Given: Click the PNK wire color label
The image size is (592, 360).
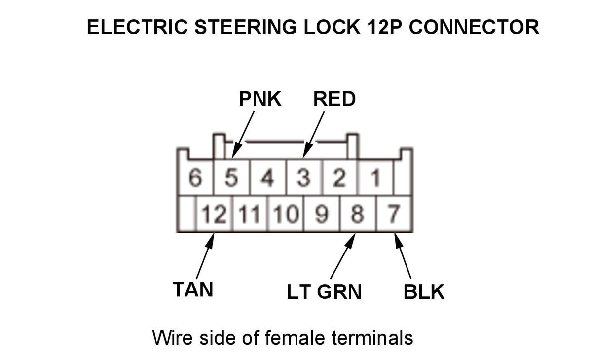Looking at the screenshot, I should click(x=259, y=99).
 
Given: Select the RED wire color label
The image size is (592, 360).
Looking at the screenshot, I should click(x=334, y=99).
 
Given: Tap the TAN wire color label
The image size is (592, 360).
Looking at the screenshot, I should click(x=193, y=289).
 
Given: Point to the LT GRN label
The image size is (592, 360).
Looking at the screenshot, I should click(x=324, y=291).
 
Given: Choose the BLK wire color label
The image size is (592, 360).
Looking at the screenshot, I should click(x=424, y=291).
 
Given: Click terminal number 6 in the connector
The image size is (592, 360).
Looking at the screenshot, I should click(x=195, y=179).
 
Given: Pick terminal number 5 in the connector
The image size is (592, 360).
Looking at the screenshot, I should click(x=231, y=179).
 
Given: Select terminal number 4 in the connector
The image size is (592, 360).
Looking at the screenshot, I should click(x=267, y=179).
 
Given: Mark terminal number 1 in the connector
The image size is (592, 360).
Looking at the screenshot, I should click(x=375, y=179).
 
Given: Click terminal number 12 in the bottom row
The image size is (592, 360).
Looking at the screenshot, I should click(x=214, y=215).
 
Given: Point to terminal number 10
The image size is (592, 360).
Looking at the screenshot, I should click(x=286, y=215).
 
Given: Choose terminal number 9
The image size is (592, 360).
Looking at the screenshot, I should click(x=321, y=215).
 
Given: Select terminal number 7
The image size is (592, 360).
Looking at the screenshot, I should click(x=393, y=215).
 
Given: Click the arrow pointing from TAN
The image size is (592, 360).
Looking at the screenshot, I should click(x=205, y=256).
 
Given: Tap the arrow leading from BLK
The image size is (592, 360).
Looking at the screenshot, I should click(x=403, y=256).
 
